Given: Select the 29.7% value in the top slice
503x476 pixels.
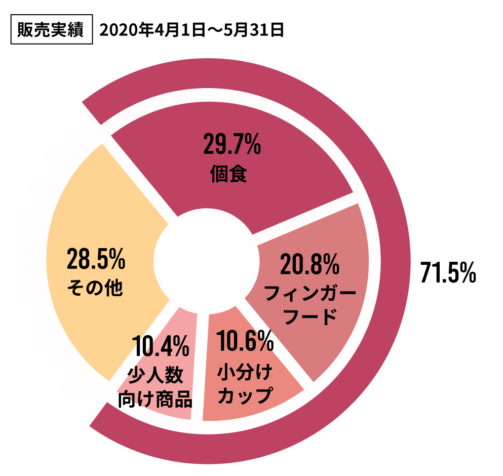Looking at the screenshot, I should tap(231, 145).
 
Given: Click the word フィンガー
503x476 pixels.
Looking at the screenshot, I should tap(310, 293).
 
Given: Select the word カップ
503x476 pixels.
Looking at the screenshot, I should tap(244, 395).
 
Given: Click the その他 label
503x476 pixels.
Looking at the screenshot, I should tap(95, 289).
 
